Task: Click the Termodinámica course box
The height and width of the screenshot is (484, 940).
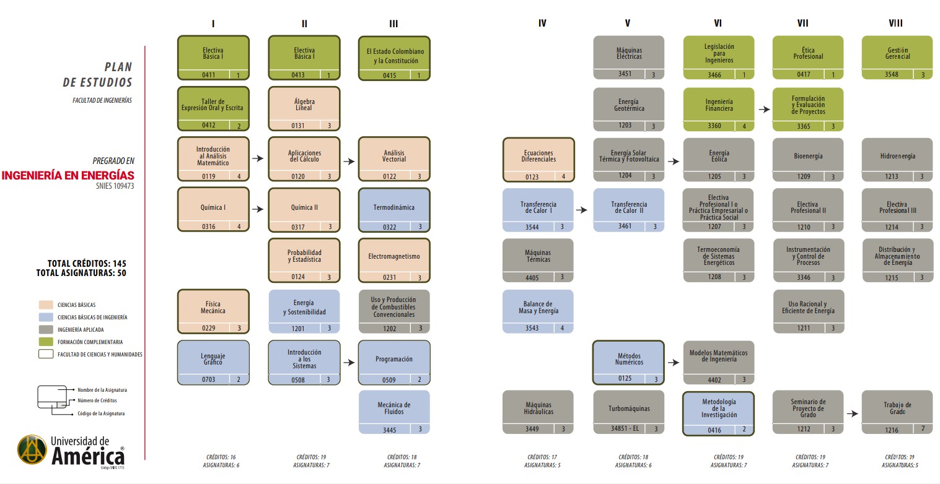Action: tap(394, 210)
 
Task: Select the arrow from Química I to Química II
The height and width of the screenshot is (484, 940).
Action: tap(258, 209)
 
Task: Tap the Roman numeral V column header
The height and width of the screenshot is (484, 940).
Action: tap(627, 23)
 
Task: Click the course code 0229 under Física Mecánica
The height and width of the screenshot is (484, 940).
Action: tap(209, 328)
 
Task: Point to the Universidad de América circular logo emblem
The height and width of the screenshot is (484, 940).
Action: tap(32, 449)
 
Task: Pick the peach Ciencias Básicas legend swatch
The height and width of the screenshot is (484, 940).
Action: tap(46, 305)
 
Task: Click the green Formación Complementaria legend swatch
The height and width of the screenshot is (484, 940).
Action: tap(46, 342)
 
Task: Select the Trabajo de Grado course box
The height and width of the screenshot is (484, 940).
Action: tap(897, 412)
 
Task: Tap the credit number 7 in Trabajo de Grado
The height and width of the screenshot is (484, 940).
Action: tap(923, 429)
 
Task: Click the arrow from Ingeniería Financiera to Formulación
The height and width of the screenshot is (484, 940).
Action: tap(764, 110)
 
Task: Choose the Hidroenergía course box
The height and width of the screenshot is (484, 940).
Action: tap(897, 160)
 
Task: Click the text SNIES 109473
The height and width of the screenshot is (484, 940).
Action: tap(115, 186)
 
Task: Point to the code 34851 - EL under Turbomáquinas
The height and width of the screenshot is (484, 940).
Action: tap(625, 428)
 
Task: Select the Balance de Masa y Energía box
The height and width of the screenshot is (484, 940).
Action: tap(538, 311)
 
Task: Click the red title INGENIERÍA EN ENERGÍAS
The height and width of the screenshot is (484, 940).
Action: tap(68, 175)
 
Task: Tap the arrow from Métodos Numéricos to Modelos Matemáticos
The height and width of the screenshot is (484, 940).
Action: tap(674, 363)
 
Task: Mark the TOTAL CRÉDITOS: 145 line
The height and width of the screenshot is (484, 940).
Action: tap(87, 264)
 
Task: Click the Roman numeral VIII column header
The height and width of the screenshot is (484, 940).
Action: tap(895, 23)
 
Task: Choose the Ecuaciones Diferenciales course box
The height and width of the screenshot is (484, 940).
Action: tap(538, 160)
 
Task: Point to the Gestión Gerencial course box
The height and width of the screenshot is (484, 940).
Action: tap(897, 58)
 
